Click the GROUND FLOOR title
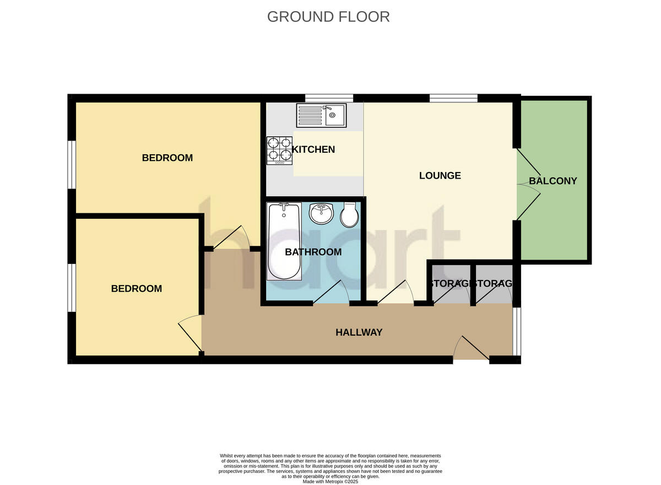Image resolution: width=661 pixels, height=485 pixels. click(328, 17)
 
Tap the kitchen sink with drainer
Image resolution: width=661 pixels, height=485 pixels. click(321, 116)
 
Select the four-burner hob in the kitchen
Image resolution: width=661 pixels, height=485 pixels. click(279, 150)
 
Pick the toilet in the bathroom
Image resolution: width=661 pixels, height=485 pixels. click(349, 215)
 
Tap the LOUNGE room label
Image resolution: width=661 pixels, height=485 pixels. click(440, 176)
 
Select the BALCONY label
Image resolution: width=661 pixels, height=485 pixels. click(552, 181)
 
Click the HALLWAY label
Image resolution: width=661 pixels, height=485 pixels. click(359, 332)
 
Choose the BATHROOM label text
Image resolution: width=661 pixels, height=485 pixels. click(313, 252)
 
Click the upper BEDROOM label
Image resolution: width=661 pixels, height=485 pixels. click(167, 158)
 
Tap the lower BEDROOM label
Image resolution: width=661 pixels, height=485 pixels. click(137, 288)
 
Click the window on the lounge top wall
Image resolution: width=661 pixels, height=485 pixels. click(453, 98)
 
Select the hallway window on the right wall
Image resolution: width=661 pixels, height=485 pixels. click(516, 331)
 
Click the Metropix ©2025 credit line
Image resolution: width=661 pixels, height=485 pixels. click(330, 481)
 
